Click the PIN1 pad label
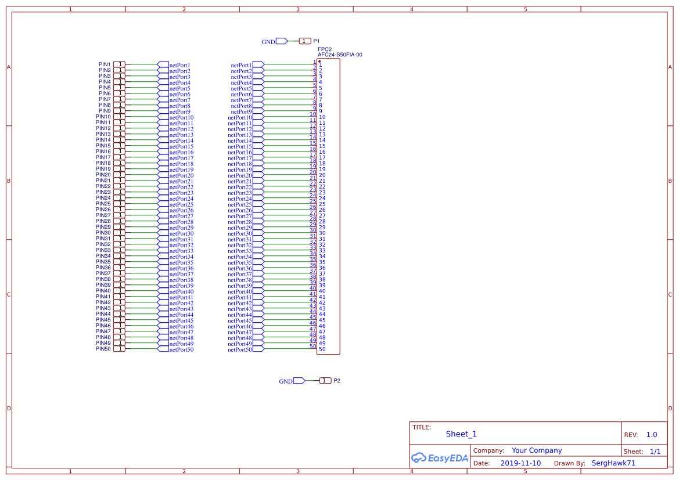tap(105, 64)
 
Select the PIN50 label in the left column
tap(103, 349)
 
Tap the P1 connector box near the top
tap(305, 41)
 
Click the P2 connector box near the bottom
tap(325, 381)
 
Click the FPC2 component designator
tap(325, 49)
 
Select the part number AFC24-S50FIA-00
tap(340, 55)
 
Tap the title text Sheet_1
tap(461, 434)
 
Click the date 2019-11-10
tap(520, 463)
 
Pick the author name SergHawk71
tap(613, 463)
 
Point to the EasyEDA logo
tap(439, 457)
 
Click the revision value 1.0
tap(652, 435)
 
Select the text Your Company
tap(537, 450)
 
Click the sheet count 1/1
tap(655, 451)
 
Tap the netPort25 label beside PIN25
tap(181, 205)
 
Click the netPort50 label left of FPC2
tap(240, 349)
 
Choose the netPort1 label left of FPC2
tap(241, 65)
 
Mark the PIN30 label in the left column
tap(103, 233)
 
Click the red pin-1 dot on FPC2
tap(319, 61)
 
